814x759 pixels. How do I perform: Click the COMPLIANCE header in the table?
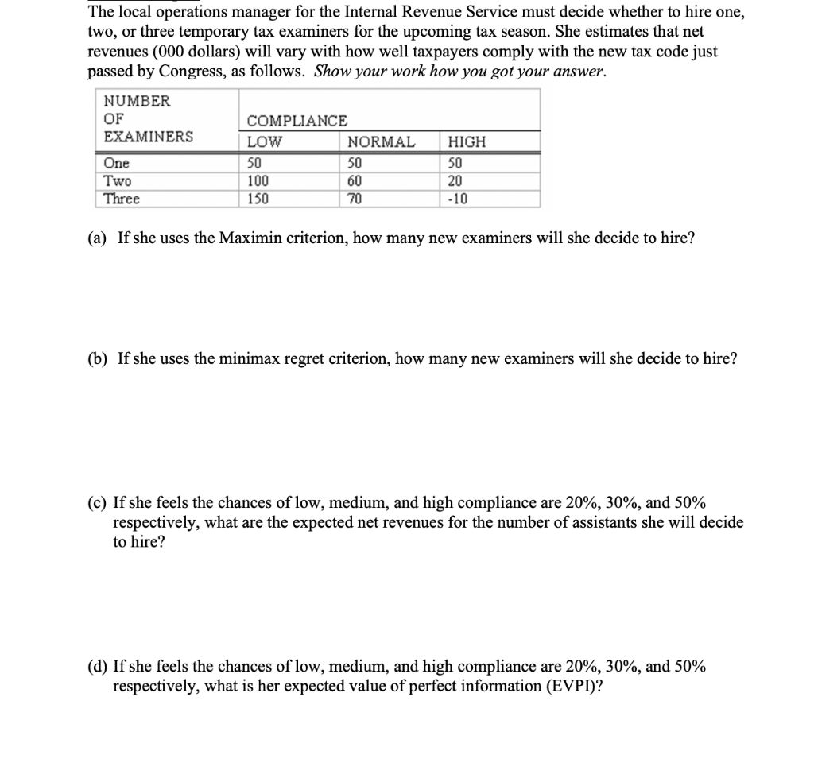297,121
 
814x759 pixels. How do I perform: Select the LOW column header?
265,142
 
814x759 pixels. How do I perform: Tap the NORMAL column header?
382,142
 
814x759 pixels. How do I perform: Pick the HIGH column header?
467,142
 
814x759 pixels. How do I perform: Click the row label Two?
117,180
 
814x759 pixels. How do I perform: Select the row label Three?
122,199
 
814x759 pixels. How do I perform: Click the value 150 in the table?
258,199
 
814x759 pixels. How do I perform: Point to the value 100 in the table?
258,180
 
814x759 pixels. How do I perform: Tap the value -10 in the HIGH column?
459,199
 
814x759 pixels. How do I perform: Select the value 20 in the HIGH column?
456,180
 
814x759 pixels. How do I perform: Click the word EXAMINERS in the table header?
149,136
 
